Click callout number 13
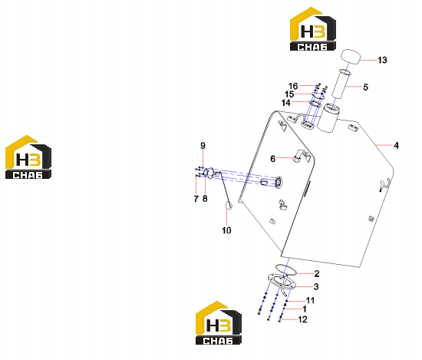[x=382, y=60]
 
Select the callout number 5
[x=365, y=87]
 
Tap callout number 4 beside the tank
[x=396, y=145]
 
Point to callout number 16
[x=293, y=86]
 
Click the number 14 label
[x=286, y=103]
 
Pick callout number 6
[x=273, y=159]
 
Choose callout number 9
[x=203, y=146]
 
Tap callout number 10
[x=226, y=230]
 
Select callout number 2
[x=317, y=273]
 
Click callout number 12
[x=302, y=319]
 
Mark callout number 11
[x=310, y=300]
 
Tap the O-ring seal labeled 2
[x=286, y=269]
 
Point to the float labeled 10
[x=229, y=206]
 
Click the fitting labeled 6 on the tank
[x=297, y=159]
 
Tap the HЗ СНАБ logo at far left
[x=28, y=157]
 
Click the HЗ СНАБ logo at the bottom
[x=218, y=323]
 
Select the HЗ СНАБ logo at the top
[x=313, y=29]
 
